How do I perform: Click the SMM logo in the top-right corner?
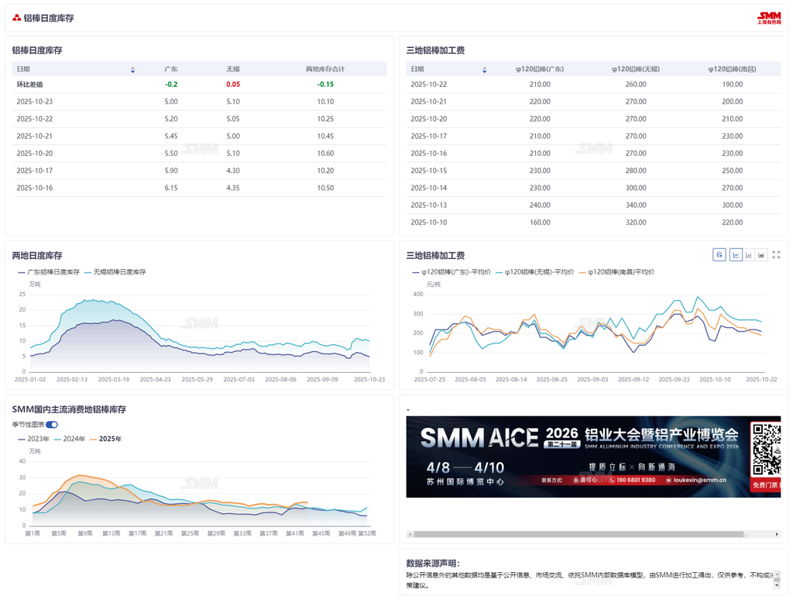coord(769,18)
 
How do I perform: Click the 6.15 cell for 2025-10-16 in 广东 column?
coord(171,188)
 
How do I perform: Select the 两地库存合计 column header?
coord(325,69)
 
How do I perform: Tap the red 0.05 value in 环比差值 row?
coord(233,84)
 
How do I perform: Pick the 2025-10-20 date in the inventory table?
coord(35,153)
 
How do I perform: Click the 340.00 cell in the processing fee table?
coord(636,205)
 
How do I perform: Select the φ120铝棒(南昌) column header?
coord(732,69)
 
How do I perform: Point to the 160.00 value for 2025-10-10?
coord(540,222)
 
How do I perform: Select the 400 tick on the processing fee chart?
coord(418,295)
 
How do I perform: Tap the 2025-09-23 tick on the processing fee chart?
coord(676,380)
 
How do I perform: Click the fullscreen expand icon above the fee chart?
coord(776,254)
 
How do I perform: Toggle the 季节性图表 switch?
coord(52,425)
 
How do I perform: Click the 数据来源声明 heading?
coord(433,564)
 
